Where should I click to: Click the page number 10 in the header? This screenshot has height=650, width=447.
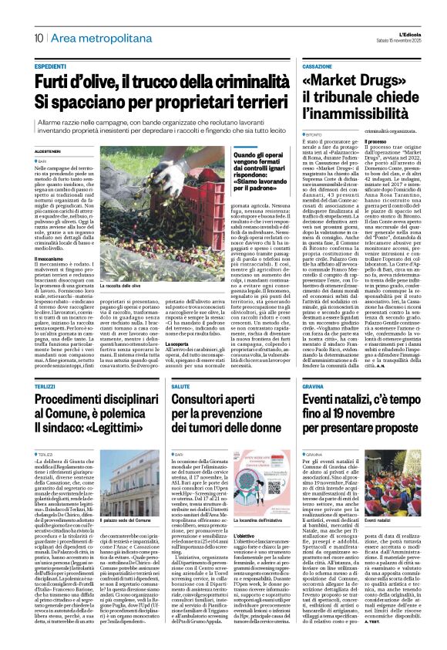click(x=37, y=37)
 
